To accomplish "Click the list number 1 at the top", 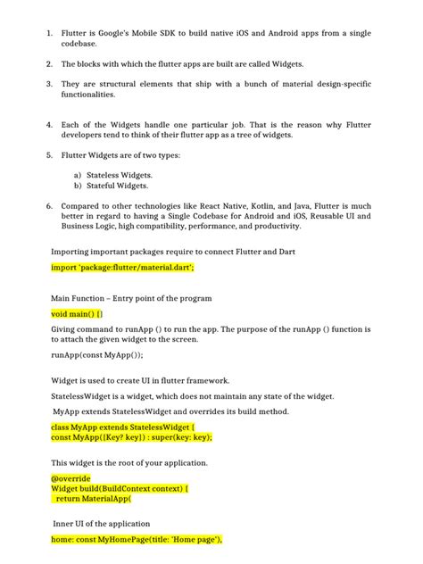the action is click(x=49, y=33).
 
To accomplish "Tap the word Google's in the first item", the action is click(x=119, y=33).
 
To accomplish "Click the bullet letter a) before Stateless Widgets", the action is click(x=78, y=175).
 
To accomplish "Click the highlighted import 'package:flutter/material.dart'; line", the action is click(x=122, y=267).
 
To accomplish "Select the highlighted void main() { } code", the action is click(x=77, y=314).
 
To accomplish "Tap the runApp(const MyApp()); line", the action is click(x=96, y=354).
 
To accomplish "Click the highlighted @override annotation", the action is click(x=70, y=478).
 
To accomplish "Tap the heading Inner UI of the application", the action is click(x=101, y=523).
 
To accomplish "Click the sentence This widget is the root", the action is click(x=129, y=462).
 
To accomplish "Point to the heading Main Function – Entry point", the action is click(x=131, y=297).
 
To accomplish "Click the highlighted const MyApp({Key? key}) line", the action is click(x=131, y=438).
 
